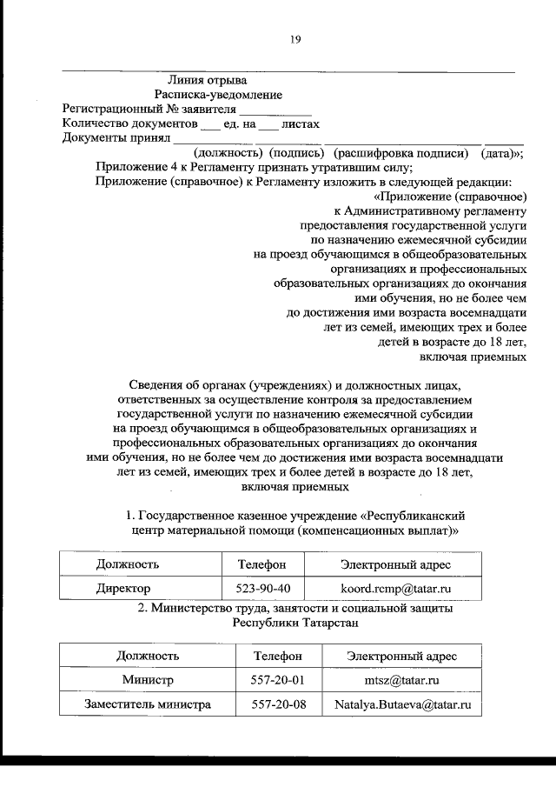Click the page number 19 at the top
295,38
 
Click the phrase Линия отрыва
206,81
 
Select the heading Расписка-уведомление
218,95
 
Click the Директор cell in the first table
122,589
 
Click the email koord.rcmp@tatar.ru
395,589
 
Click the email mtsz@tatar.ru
401,679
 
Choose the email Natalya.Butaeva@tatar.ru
401,704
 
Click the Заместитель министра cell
148,704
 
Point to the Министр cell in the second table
148,679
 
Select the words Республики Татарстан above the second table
295,623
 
